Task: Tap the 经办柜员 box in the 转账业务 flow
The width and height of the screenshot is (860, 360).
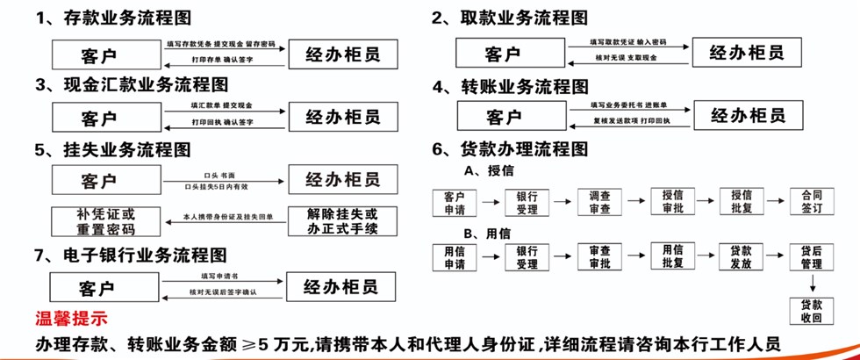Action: [x=748, y=116]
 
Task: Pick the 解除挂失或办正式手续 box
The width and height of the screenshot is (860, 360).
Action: [x=342, y=221]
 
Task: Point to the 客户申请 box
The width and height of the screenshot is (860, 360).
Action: [x=455, y=202]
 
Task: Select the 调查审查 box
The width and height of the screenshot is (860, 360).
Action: [x=600, y=202]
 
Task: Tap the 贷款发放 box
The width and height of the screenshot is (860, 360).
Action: [x=741, y=257]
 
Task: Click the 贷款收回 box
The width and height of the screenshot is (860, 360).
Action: [x=811, y=310]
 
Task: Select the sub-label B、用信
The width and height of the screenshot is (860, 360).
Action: [x=487, y=233]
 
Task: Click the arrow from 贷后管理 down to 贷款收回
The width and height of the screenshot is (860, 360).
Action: [x=811, y=283]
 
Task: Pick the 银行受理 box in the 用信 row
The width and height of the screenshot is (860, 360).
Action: [x=527, y=257]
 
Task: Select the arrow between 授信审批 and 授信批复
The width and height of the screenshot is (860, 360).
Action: [x=706, y=201]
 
